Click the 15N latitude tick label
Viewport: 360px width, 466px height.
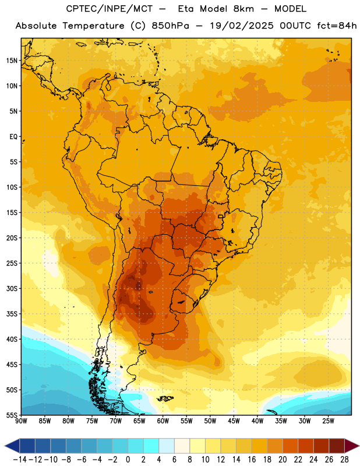[12, 61]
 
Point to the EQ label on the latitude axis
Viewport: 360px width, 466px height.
[13, 137]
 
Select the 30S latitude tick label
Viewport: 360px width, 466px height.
[12, 288]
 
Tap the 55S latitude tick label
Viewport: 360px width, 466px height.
[12, 415]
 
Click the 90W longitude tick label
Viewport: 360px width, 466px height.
[22, 421]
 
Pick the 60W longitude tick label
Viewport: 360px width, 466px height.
[163, 421]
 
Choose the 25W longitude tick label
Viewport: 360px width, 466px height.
[328, 421]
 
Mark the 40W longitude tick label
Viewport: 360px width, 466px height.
[257, 421]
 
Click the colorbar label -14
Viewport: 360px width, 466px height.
[20, 460]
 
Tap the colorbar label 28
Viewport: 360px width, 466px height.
[344, 460]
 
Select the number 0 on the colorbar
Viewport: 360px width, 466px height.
[128, 460]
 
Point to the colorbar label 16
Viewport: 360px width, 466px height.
[252, 460]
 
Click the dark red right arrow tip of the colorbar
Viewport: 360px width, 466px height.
[359, 446]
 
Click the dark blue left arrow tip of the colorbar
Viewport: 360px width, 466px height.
[5, 446]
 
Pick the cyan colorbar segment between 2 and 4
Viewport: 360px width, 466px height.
[151, 446]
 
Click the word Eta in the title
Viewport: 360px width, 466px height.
[186, 9]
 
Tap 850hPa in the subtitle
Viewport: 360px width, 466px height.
[170, 26]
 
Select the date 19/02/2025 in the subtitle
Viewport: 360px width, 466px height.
[242, 26]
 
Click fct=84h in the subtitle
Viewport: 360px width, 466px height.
[337, 26]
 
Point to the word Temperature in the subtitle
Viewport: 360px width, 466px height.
[93, 26]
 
